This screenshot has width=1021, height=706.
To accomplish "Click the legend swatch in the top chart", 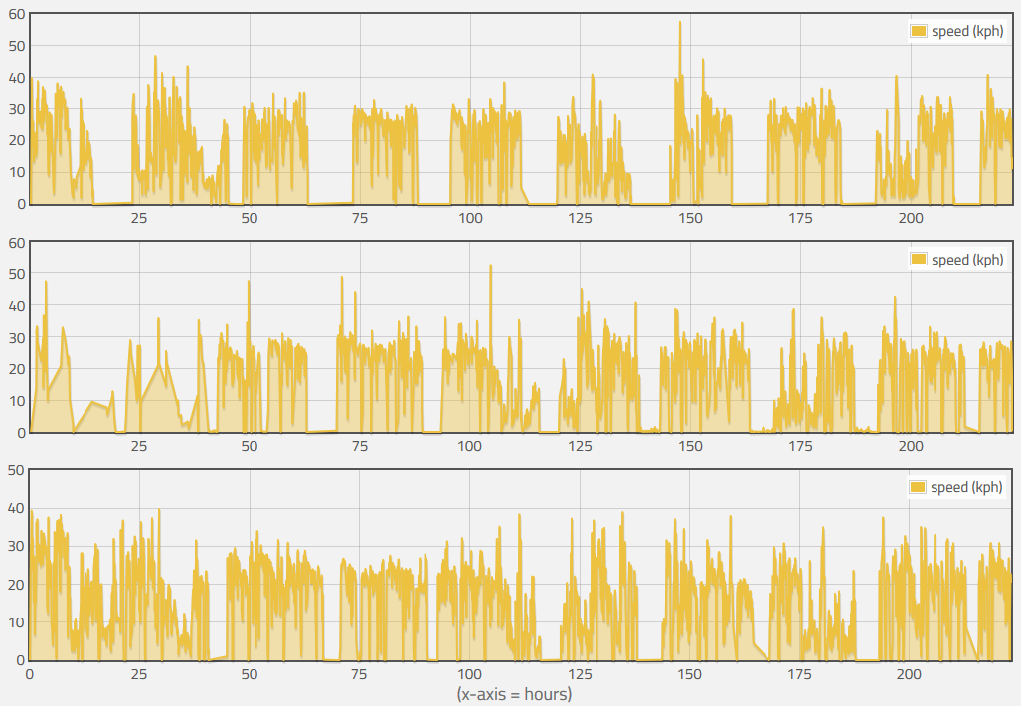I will click(919, 31).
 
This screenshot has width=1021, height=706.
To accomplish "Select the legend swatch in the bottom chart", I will click(919, 487).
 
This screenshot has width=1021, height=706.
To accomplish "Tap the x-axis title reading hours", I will click(514, 693).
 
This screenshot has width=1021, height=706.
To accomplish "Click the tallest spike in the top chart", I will click(680, 23).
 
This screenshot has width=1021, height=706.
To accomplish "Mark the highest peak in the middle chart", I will click(490, 265).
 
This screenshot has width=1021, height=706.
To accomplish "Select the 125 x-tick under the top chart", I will click(580, 219).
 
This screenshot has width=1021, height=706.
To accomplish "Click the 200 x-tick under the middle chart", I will click(910, 446).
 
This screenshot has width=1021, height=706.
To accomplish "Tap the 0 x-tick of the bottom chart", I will click(29, 674).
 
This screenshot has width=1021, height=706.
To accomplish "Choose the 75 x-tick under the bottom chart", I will click(359, 674).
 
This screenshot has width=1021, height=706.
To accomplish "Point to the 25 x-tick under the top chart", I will click(139, 219).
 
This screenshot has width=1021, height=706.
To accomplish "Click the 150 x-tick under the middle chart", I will click(690, 446).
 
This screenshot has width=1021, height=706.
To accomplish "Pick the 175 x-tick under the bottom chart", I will click(799, 674).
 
